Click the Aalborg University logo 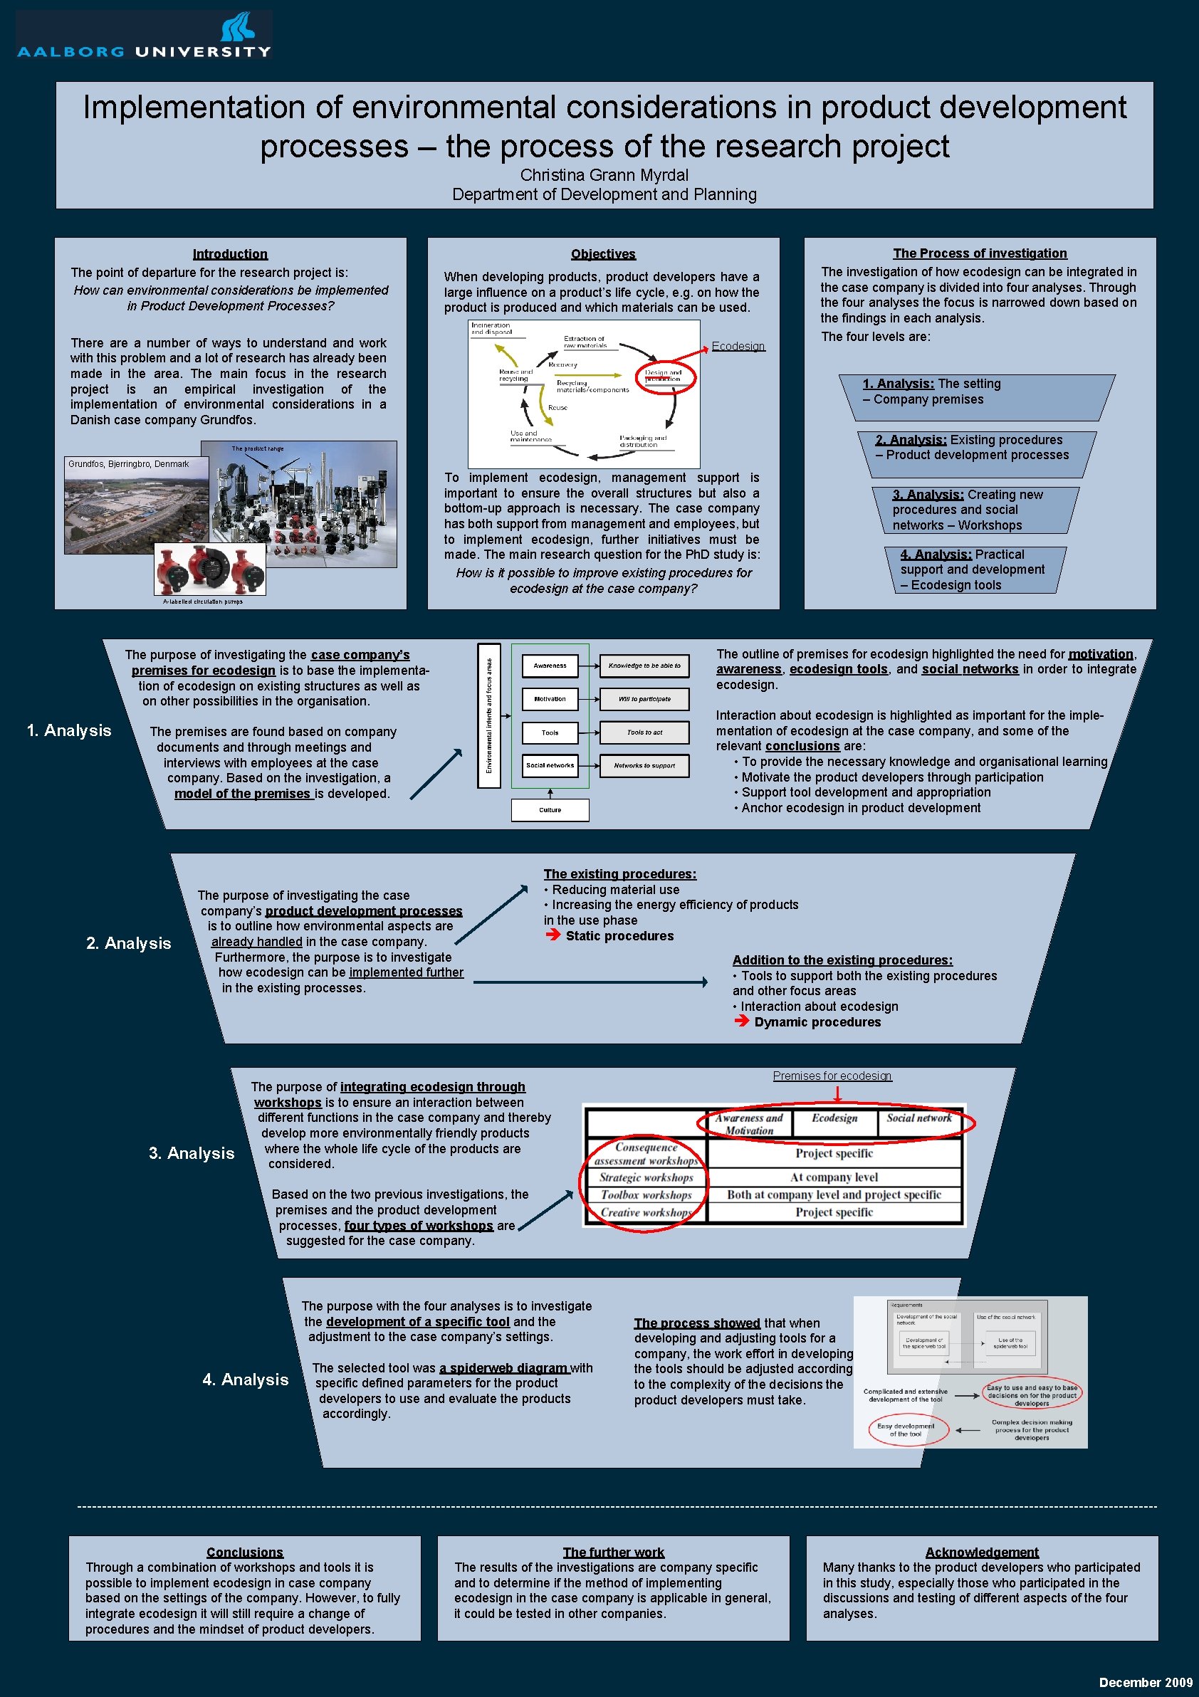click(x=144, y=36)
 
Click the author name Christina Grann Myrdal click(x=604, y=175)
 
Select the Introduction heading click(x=230, y=254)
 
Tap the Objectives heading click(x=603, y=254)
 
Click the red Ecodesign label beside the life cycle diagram click(x=738, y=347)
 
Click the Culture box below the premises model click(x=550, y=810)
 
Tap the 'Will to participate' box click(x=644, y=699)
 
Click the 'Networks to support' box click(x=644, y=766)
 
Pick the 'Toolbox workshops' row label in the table click(x=646, y=1195)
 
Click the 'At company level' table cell click(x=834, y=1177)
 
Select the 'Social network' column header click(x=919, y=1118)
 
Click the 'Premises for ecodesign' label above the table click(x=832, y=1076)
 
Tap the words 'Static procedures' click(x=619, y=937)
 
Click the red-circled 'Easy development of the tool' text click(x=906, y=1429)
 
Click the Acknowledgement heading click(x=982, y=1552)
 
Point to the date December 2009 click(x=1145, y=1682)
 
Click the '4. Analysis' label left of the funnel click(x=246, y=1380)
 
